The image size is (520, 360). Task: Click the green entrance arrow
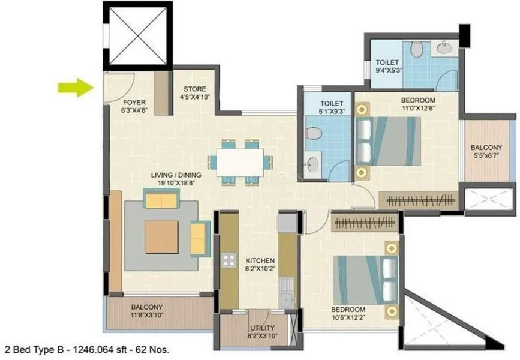[x=76, y=88]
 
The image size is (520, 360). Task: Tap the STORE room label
[x=195, y=89]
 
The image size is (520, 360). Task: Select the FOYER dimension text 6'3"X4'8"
[x=134, y=110]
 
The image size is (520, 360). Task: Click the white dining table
[x=240, y=162]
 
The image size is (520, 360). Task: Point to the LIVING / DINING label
[x=176, y=175]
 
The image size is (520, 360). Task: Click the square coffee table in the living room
[x=161, y=237]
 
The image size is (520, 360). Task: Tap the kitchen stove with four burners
[x=229, y=260]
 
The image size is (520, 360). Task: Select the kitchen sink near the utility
[x=286, y=293]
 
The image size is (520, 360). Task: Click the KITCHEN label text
[x=260, y=261]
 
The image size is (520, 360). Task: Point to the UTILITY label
[x=262, y=328]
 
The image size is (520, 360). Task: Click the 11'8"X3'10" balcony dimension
[x=146, y=315]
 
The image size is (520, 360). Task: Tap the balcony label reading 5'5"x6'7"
[x=486, y=155]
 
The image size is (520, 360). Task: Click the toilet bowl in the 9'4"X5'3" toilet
[x=416, y=49]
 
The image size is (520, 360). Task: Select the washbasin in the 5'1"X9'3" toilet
[x=312, y=164]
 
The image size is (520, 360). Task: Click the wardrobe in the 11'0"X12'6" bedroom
[x=419, y=200]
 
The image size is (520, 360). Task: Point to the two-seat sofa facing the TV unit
[x=161, y=199]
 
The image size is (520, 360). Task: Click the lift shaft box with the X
[x=137, y=35]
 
